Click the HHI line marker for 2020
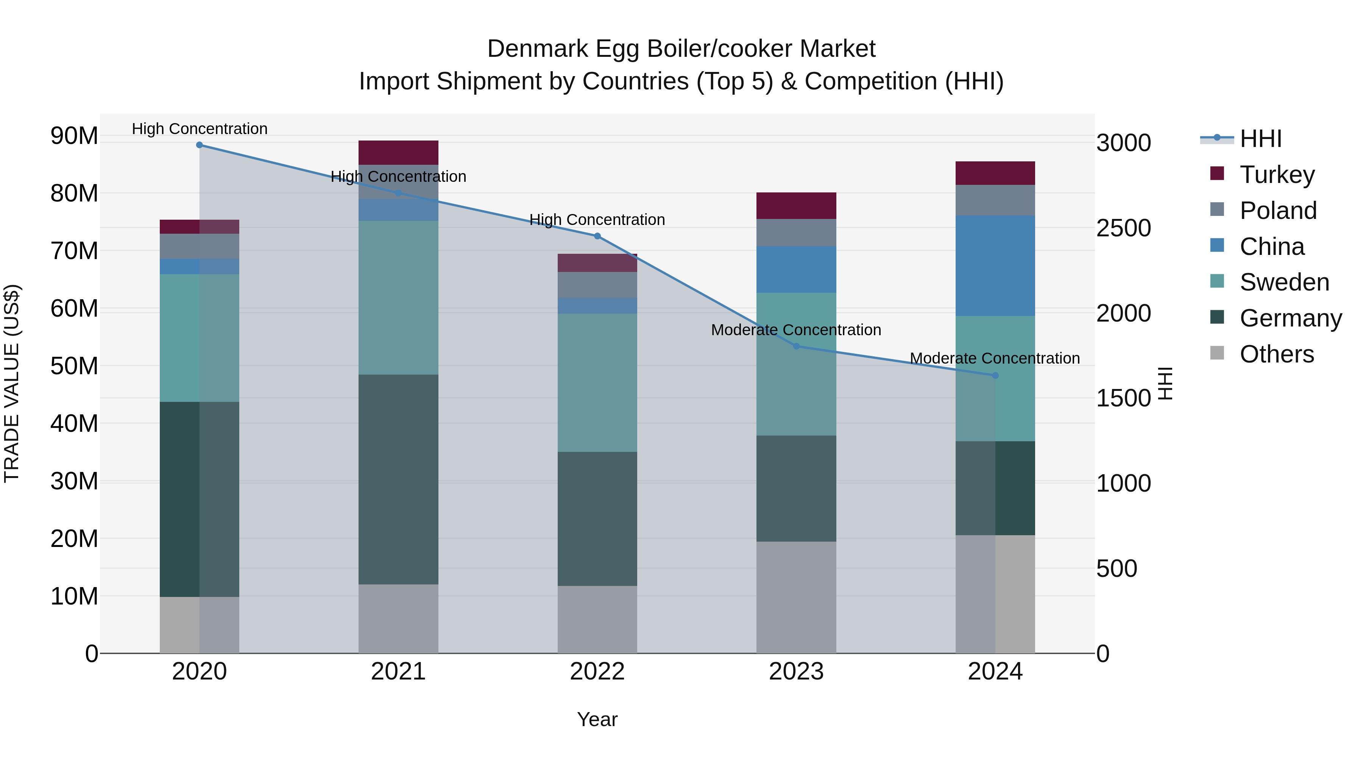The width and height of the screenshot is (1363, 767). [x=200, y=145]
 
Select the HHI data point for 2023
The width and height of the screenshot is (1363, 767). [x=796, y=346]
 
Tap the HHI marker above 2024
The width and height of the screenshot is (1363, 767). [x=995, y=375]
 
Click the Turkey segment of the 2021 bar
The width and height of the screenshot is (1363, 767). [x=398, y=152]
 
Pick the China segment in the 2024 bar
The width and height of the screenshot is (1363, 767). [x=995, y=266]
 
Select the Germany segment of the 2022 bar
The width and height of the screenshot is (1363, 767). [x=597, y=519]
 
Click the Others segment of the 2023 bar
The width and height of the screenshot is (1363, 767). [x=796, y=597]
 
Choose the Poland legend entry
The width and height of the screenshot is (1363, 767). [x=1277, y=211]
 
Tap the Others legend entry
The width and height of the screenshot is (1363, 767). [x=1276, y=354]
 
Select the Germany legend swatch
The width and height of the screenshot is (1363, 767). [x=1217, y=318]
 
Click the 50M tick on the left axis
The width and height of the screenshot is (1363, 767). [x=74, y=366]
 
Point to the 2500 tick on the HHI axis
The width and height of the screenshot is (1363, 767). [x=1123, y=228]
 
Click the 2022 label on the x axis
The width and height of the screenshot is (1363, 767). [x=597, y=672]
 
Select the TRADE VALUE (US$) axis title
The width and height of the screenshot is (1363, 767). [x=12, y=383]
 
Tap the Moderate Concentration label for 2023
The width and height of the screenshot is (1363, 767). [x=796, y=330]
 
